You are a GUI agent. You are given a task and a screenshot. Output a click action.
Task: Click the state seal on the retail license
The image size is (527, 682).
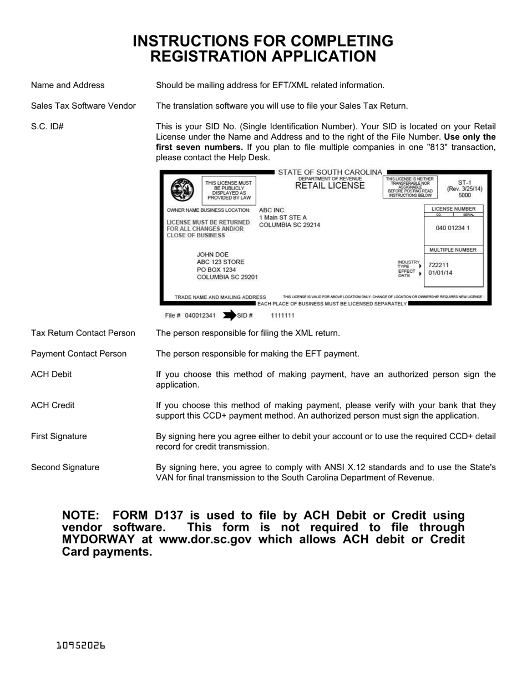pyautogui.click(x=183, y=190)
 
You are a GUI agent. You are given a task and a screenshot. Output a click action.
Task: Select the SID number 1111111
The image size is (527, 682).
pyautogui.click(x=282, y=315)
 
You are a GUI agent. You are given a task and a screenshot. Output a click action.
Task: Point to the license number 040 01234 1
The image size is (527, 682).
pyautogui.click(x=453, y=228)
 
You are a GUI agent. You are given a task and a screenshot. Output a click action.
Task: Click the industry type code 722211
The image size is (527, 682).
pyautogui.click(x=439, y=265)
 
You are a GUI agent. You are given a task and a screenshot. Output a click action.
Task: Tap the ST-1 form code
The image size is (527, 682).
pyautogui.click(x=464, y=182)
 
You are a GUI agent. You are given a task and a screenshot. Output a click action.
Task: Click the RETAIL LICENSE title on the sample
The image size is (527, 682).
pyautogui.click(x=330, y=186)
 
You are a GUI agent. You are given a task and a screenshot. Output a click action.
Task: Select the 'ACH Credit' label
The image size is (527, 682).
pyautogui.click(x=53, y=405)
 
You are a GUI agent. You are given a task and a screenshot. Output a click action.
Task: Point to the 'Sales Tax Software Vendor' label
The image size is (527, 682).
pyautogui.click(x=83, y=106)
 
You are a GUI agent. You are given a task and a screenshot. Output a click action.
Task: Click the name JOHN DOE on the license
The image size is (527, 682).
pyautogui.click(x=213, y=255)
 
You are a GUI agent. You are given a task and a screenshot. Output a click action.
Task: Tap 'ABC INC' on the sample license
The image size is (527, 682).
pyautogui.click(x=271, y=210)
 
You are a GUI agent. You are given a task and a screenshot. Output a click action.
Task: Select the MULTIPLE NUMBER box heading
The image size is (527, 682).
pyautogui.click(x=453, y=250)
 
